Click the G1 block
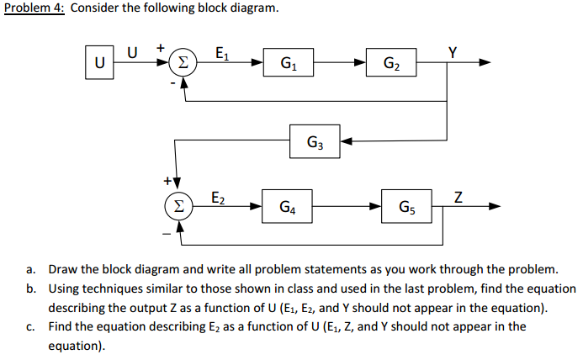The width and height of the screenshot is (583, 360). [289, 62]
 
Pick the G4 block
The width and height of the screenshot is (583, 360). [289, 206]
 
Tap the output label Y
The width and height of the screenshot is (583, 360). [453, 49]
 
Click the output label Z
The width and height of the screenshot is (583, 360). [458, 196]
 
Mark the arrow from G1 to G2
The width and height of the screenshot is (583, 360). [341, 62]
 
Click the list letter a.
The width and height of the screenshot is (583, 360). [30, 270]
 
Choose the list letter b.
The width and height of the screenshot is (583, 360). [30, 289]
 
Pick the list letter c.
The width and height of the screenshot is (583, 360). [30, 326]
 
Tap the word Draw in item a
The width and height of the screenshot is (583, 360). [63, 270]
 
